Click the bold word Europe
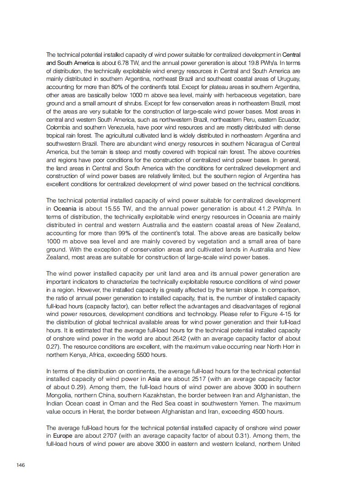pos(63,436)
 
